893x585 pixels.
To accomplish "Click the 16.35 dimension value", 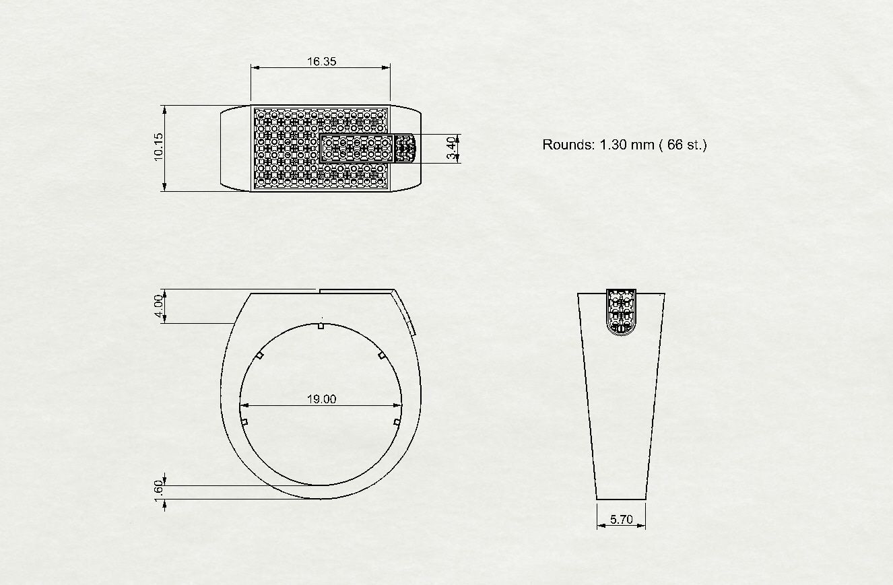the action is pyautogui.click(x=321, y=61).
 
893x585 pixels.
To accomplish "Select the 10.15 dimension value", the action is pyautogui.click(x=158, y=147).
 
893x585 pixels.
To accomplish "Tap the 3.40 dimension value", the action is pyautogui.click(x=451, y=148).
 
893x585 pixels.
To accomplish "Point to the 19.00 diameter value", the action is pyautogui.click(x=321, y=399).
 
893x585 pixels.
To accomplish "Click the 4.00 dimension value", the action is pyautogui.click(x=158, y=306).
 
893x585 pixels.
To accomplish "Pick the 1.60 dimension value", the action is pyautogui.click(x=158, y=491).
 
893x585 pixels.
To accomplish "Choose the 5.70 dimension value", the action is pyautogui.click(x=621, y=519).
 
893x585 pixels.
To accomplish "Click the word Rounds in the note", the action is pyautogui.click(x=568, y=144).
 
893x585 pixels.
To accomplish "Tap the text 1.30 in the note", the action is pyautogui.click(x=613, y=144).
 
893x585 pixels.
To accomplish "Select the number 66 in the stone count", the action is pyautogui.click(x=675, y=144).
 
